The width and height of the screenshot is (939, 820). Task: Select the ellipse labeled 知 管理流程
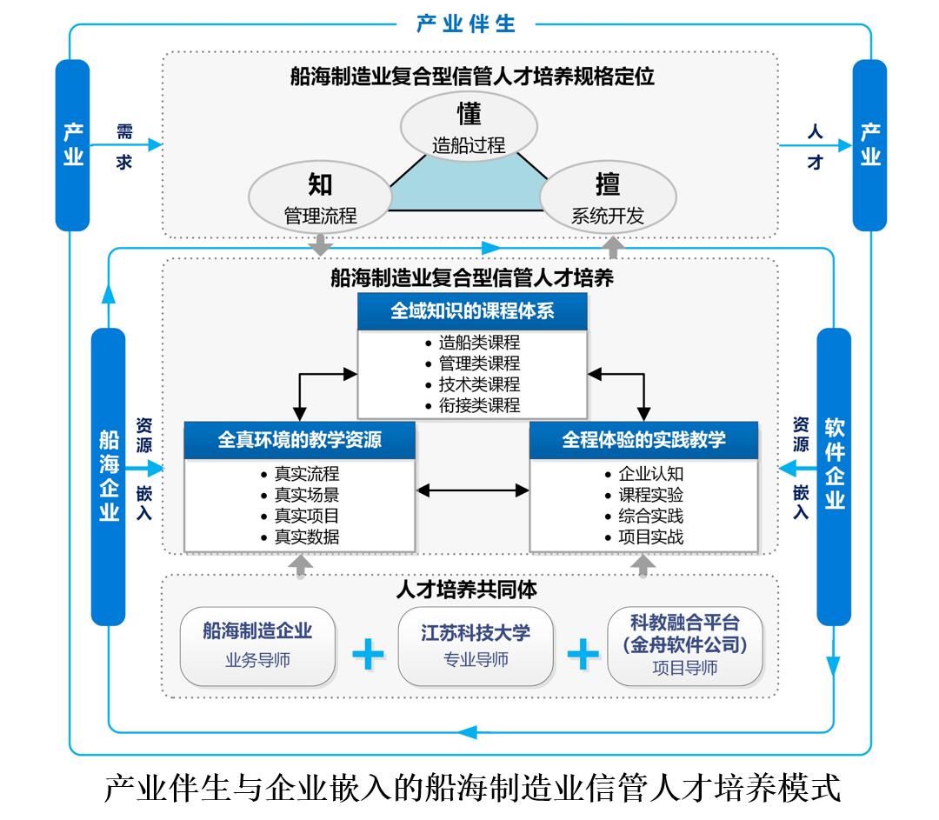click(x=320, y=199)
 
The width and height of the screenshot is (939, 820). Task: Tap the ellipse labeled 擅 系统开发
click(x=608, y=199)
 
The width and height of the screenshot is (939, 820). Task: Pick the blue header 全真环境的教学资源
click(x=299, y=440)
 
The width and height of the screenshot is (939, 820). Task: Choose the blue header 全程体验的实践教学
click(x=643, y=440)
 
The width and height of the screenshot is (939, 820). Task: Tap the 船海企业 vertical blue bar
click(x=109, y=477)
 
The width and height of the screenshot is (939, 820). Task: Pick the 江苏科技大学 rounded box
click(x=476, y=645)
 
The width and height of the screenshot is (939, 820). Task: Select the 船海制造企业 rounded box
click(x=257, y=645)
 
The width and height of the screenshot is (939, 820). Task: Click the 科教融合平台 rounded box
click(x=685, y=645)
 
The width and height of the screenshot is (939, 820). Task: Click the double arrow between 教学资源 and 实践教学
click(x=473, y=490)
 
